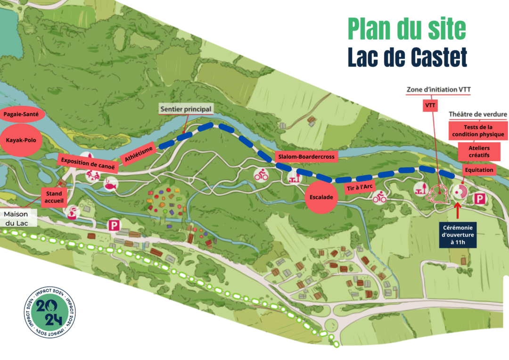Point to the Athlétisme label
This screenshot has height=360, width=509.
(138, 153)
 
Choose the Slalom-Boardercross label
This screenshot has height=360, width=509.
(306, 157)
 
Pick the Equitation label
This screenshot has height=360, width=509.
(478, 170)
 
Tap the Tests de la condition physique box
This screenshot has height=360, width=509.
(478, 131)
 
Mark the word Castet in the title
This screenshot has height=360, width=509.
(436, 57)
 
